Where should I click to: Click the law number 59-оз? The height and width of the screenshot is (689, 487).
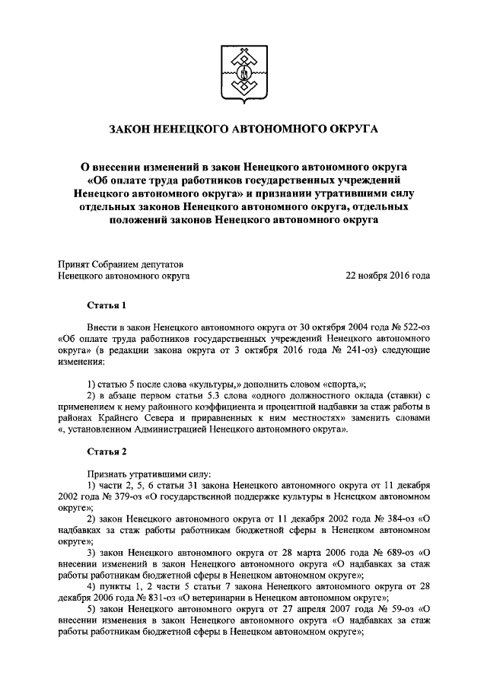[396, 611]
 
